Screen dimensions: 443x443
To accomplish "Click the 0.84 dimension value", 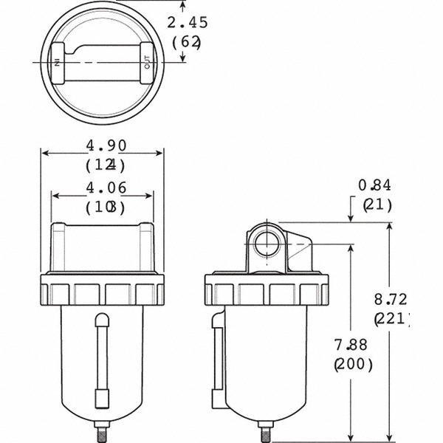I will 377,185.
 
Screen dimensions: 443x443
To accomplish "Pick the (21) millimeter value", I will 377,205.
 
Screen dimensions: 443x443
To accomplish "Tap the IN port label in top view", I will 57,63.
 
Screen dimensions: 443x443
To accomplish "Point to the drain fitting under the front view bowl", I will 102,430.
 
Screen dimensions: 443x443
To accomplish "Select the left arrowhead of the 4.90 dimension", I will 44,154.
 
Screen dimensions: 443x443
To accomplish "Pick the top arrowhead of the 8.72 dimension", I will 389,226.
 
